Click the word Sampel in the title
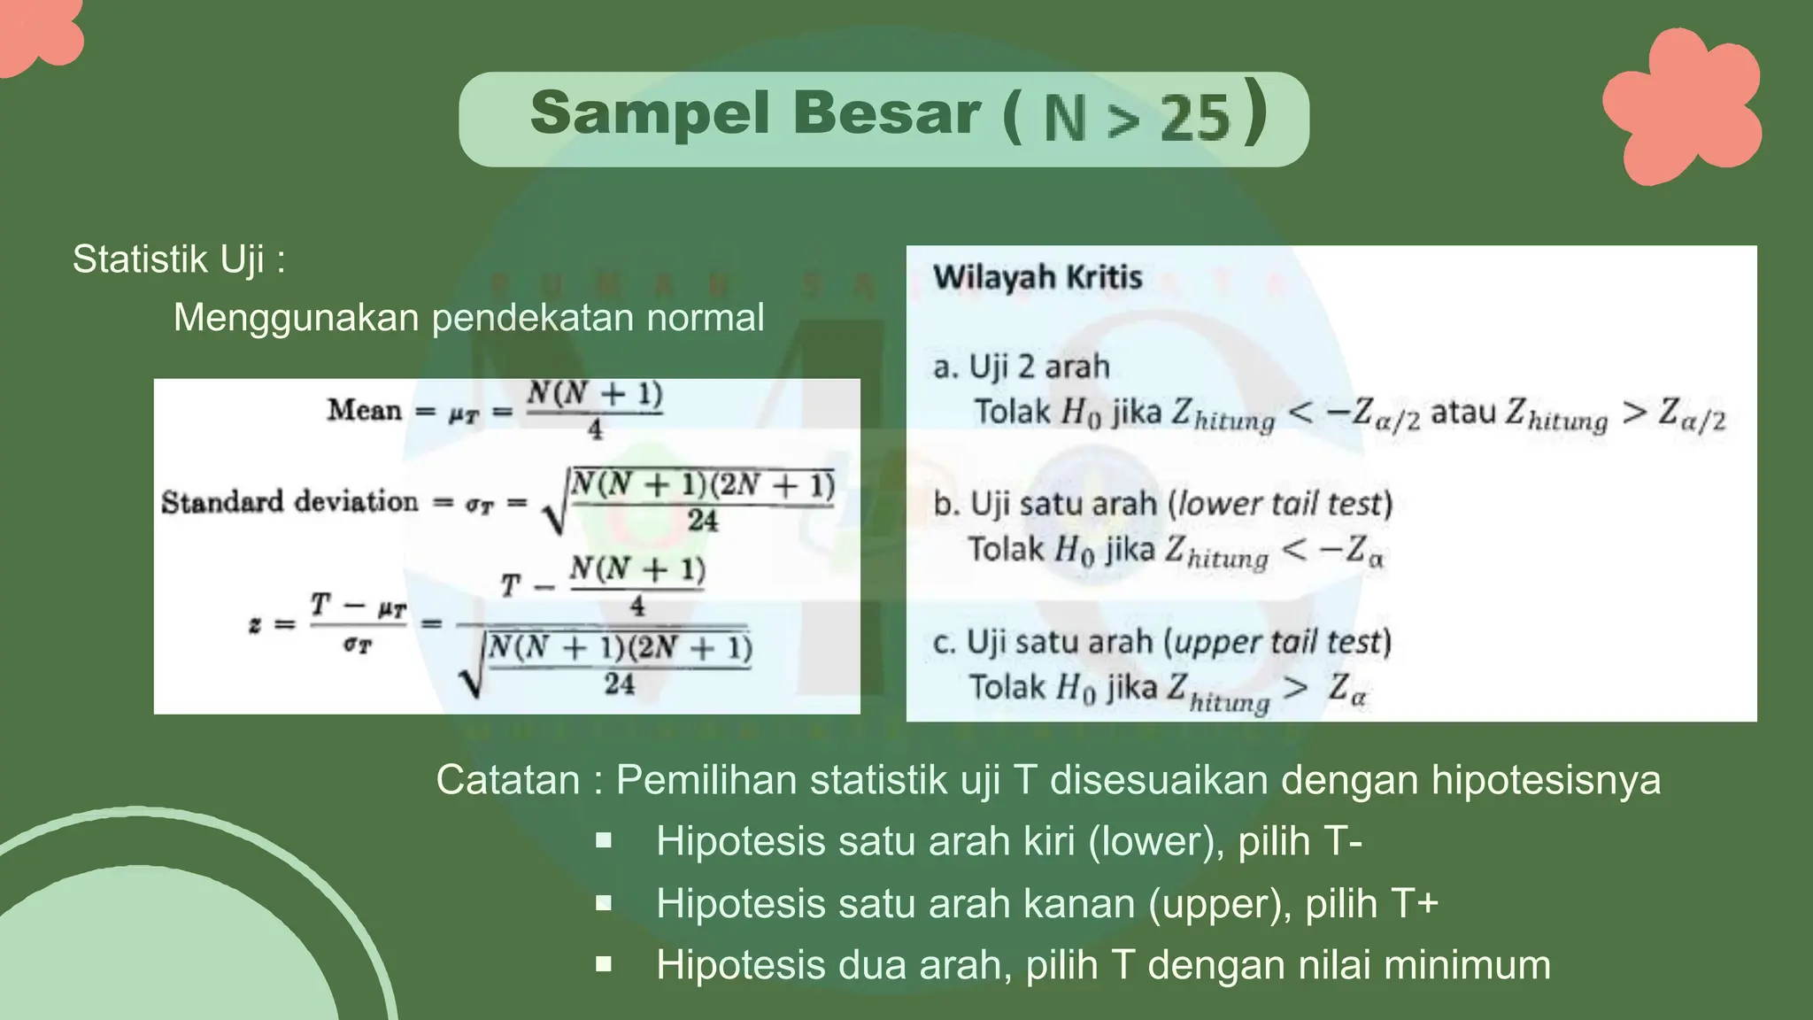click(650, 114)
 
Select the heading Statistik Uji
click(178, 259)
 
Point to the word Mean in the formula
click(364, 410)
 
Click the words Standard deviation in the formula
click(289, 502)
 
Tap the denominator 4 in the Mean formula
click(595, 430)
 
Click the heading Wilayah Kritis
click(1038, 277)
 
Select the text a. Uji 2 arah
click(1022, 367)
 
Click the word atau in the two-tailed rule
click(1464, 412)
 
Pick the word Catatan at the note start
click(507, 780)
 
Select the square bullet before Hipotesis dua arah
click(604, 964)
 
